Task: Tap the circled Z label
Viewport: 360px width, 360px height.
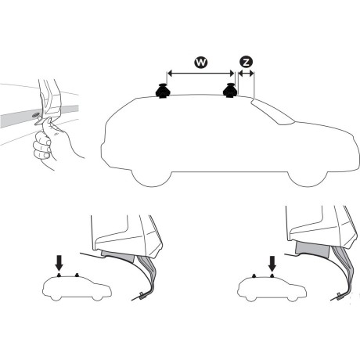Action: click(247, 62)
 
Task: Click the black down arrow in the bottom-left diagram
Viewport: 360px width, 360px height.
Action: click(60, 259)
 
